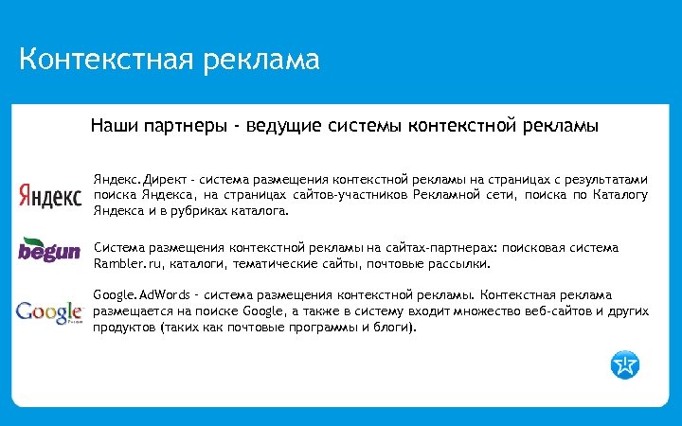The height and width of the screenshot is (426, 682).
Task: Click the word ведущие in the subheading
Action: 280,125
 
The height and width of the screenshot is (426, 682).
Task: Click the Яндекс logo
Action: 49,195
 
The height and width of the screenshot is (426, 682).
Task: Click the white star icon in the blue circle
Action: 625,363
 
